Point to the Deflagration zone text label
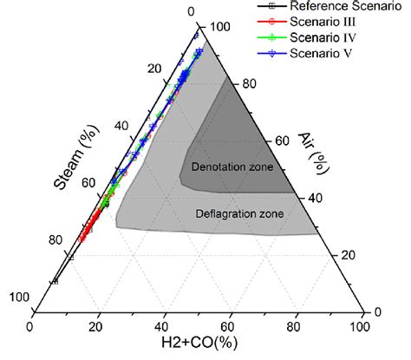coord(238,214)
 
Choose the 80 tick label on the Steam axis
coord(56,240)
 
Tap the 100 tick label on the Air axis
coord(220,27)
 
